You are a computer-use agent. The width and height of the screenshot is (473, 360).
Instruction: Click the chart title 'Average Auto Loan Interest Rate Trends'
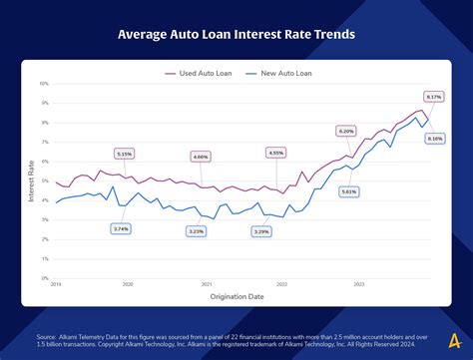coord(236,36)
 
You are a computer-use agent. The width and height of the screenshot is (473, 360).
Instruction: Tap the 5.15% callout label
coord(124,154)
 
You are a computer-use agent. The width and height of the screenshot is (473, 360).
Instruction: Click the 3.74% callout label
coord(121,228)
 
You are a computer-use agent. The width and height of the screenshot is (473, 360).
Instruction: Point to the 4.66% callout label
coord(201,157)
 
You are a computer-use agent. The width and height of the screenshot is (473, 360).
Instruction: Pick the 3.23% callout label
coord(196,231)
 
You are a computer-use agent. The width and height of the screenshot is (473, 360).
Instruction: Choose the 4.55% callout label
coord(275,153)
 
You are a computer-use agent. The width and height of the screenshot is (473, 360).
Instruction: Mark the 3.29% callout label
coord(261,231)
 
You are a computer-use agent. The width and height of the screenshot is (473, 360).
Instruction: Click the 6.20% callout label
coord(346,131)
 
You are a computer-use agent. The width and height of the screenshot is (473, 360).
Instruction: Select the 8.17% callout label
coord(433,96)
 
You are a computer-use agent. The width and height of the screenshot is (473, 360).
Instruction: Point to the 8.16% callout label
coord(434,139)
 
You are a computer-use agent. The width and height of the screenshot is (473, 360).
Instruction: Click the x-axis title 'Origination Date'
coord(237,296)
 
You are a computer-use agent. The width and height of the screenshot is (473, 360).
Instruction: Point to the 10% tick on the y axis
coord(44,84)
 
